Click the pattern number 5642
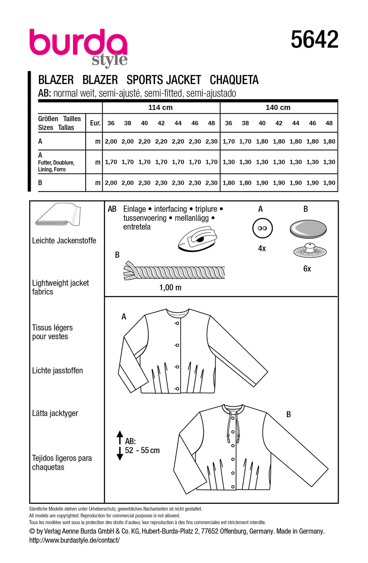pyautogui.click(x=314, y=39)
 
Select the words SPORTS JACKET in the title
pyautogui.click(x=164, y=80)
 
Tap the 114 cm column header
pyautogui.click(x=160, y=108)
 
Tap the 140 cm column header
pyautogui.click(x=278, y=108)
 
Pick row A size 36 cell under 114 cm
pyautogui.click(x=111, y=142)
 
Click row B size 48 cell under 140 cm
pyautogui.click(x=329, y=183)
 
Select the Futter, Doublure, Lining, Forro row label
pyautogui.click(x=56, y=166)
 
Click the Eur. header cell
pyautogui.click(x=95, y=123)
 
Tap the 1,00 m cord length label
pyautogui.click(x=170, y=288)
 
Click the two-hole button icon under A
pyautogui.click(x=262, y=228)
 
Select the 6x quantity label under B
pyautogui.click(x=307, y=269)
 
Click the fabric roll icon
pyautogui.click(x=58, y=215)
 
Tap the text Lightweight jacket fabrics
pyautogui.click(x=60, y=287)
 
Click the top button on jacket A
pyautogui.click(x=177, y=323)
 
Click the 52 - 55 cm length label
pyautogui.click(x=142, y=450)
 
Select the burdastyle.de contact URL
pyautogui.click(x=74, y=540)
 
